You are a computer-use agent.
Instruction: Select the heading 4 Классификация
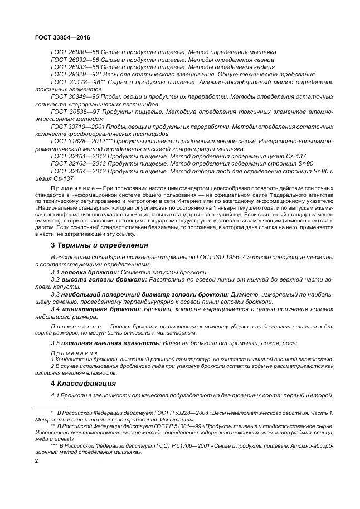[x=84, y=384]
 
